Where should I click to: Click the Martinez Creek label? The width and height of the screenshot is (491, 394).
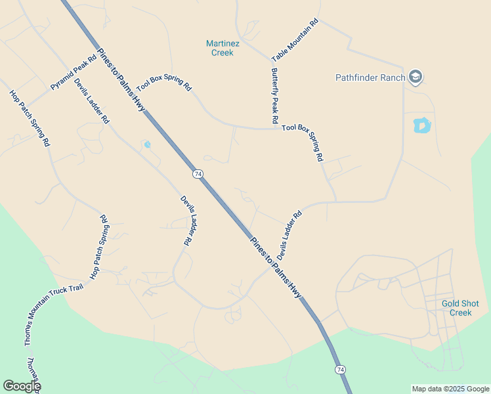[223, 48]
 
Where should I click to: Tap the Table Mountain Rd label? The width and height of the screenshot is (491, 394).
[295, 40]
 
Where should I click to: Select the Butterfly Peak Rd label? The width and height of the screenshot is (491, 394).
[275, 96]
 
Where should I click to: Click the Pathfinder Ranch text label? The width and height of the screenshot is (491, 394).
[370, 77]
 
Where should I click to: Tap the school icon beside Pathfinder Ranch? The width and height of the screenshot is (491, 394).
[415, 77]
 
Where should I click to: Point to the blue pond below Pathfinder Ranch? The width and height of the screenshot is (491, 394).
[421, 124]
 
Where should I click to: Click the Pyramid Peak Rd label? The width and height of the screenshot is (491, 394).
[74, 73]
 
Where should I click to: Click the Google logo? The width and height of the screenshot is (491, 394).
[22, 386]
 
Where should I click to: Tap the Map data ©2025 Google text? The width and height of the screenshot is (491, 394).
[450, 389]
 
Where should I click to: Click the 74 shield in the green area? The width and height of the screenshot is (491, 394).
[339, 370]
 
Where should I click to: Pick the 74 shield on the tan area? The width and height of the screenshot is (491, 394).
[198, 174]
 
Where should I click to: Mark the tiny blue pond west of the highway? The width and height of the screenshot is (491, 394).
[147, 144]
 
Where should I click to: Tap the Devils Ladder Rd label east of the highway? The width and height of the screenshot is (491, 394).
[289, 234]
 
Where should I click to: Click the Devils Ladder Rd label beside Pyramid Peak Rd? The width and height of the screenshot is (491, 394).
[92, 102]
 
